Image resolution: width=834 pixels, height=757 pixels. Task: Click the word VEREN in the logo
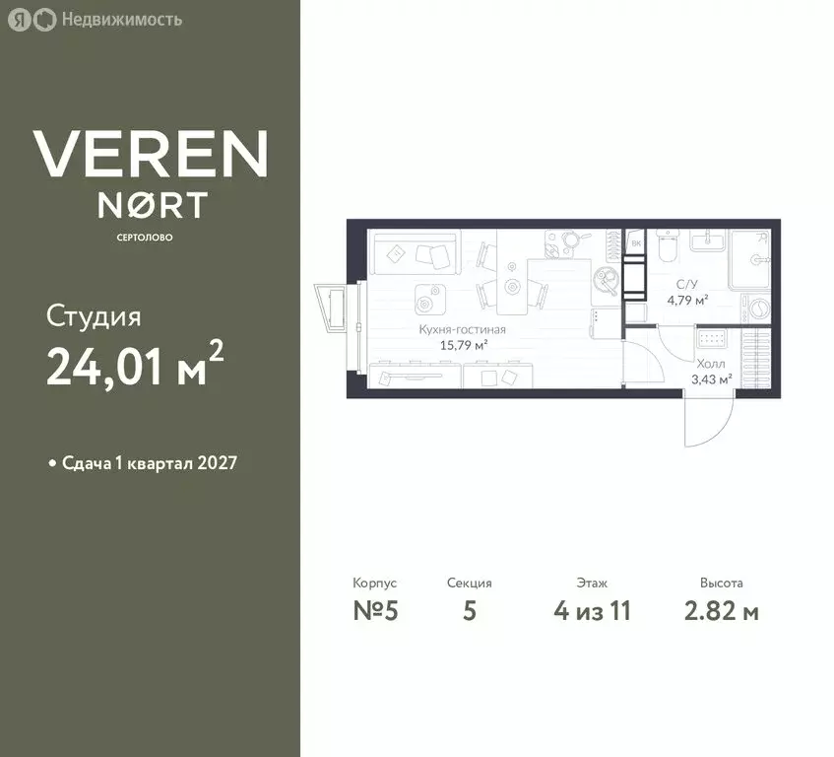pos(150,154)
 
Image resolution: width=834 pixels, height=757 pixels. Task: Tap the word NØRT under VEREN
pos(151,205)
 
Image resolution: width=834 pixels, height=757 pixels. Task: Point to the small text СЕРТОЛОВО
pos(150,237)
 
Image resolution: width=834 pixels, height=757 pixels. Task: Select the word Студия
pos(94,317)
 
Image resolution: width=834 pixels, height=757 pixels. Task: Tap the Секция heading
pos(469,584)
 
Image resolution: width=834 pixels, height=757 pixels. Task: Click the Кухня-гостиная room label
pos(462,330)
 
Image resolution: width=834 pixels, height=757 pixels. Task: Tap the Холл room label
pos(710,364)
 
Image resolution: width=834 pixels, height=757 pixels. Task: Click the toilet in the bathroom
pos(668,246)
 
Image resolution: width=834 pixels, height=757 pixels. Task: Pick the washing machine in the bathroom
pos(759,308)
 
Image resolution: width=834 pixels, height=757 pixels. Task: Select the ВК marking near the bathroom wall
pos(636,243)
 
